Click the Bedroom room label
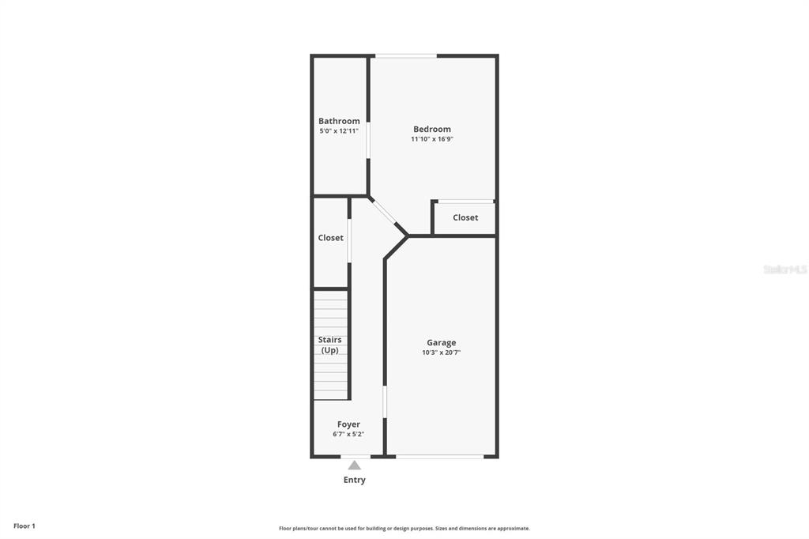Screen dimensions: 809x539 point(432,129)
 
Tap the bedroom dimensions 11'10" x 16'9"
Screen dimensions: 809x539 point(432,139)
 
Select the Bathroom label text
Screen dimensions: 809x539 point(339,121)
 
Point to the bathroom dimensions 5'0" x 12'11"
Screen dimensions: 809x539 point(339,131)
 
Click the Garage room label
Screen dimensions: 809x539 point(441,342)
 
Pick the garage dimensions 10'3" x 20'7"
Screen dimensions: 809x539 point(441,352)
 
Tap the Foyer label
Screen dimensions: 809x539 point(348,424)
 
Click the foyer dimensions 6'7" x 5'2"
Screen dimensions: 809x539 point(348,434)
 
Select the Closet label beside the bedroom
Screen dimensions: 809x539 point(465,217)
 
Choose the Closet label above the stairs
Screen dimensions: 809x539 point(331,237)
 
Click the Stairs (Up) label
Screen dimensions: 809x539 point(329,345)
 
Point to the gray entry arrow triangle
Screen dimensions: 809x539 point(355,465)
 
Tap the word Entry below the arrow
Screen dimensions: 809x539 point(355,480)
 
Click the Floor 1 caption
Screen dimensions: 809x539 point(24,526)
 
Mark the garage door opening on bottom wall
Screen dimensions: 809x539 point(439,456)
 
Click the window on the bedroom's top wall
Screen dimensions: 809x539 point(406,56)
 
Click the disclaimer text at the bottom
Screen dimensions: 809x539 point(404,528)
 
